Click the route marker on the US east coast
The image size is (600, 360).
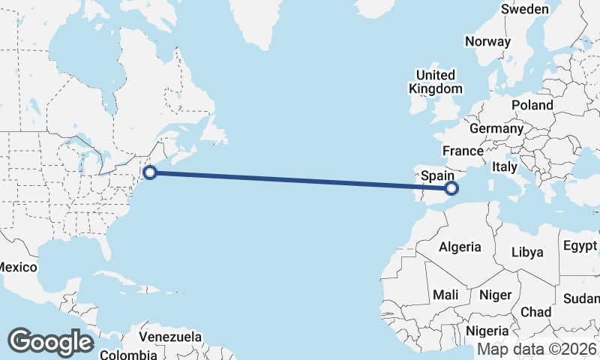pos(150,172)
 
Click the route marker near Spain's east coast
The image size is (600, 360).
pos(451,187)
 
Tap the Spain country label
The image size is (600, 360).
pos(436,175)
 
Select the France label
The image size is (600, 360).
pos(462,151)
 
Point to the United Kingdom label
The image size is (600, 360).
pos(435,82)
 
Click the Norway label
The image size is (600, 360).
pos(487,42)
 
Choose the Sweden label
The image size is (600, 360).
pos(525,10)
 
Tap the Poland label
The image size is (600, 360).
pos(532,105)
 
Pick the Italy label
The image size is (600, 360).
pos(505,167)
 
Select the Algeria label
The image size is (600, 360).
pos(460,247)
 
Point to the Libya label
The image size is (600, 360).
pos(527,252)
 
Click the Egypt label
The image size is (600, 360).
pos(580,246)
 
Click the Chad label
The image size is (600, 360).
pos(535,312)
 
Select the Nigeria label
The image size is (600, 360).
pos(487,331)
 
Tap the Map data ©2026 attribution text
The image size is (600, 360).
pos(536,349)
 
